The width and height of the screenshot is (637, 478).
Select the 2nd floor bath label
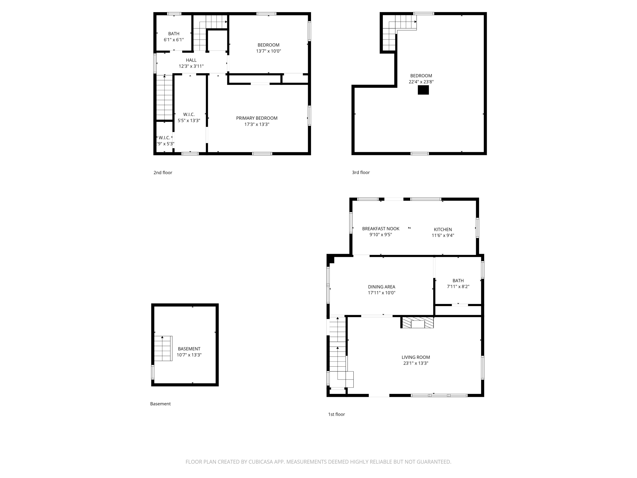pos(174,34)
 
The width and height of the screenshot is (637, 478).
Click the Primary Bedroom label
pos(256,118)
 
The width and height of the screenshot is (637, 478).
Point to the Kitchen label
pos(443,229)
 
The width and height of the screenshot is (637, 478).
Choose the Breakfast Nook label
pos(381,228)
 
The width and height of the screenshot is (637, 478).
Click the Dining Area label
pos(382,287)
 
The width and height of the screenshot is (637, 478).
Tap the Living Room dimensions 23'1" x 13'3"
pos(416,363)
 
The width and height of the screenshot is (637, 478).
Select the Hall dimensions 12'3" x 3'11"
pos(191,66)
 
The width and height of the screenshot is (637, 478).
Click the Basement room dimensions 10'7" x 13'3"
pos(189,355)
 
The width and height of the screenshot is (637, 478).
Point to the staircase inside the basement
pos(163,348)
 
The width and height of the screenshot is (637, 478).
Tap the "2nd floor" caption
pos(163,173)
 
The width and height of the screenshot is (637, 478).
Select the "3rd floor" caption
pos(361,172)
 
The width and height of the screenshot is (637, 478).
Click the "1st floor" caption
pos(336,414)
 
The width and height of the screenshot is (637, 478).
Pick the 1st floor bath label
pos(458,281)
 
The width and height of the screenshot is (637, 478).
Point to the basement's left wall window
pos(153,372)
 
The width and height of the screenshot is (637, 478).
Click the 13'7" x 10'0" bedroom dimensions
pos(268,51)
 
